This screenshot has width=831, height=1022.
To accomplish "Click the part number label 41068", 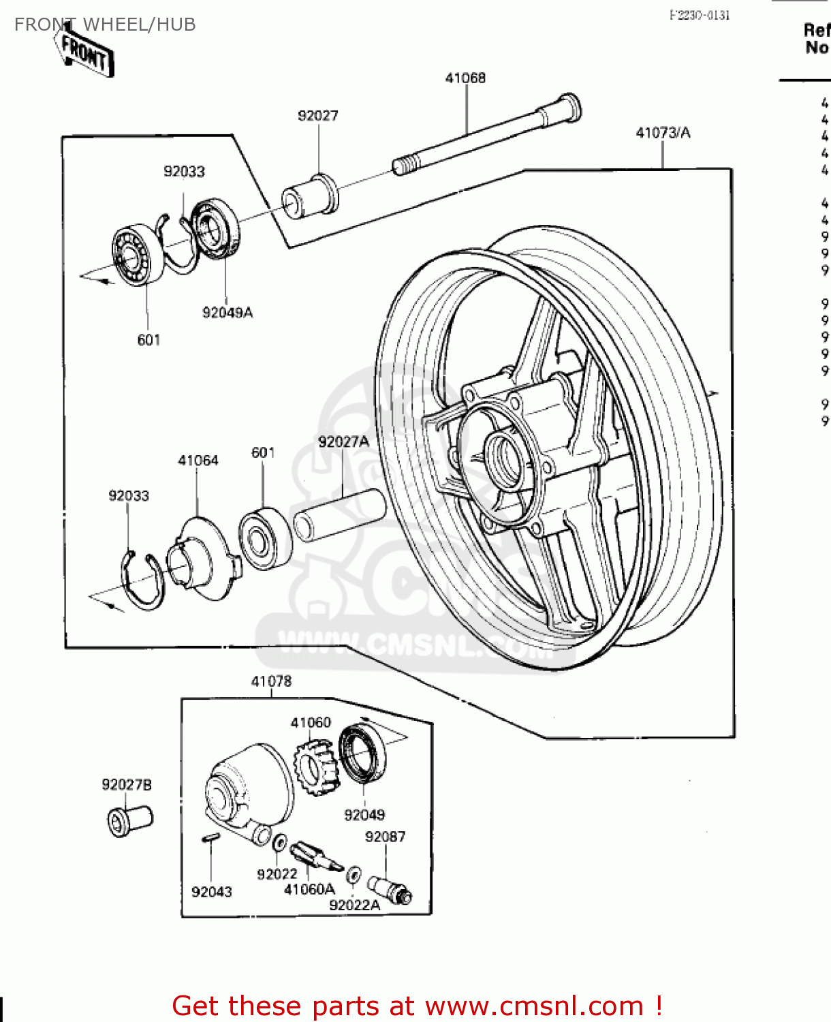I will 465,78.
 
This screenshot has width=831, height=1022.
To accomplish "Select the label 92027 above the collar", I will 317,116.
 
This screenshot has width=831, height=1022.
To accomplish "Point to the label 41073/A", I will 663,133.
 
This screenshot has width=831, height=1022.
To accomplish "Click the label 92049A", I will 228,313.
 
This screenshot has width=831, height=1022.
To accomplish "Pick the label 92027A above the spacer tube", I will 343,442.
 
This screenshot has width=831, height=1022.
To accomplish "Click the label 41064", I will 198,461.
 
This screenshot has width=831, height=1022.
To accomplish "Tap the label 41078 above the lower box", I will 271,681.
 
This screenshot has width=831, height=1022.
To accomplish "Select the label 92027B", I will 127,785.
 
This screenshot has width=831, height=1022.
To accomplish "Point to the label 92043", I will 211,892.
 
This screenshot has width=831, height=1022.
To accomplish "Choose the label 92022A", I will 354,905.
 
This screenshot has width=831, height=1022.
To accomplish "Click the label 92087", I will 385,837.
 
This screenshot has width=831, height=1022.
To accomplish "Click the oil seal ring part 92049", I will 362,754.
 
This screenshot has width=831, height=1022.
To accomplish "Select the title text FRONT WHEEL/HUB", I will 105,25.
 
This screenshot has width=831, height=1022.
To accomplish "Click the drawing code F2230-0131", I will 700,15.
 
